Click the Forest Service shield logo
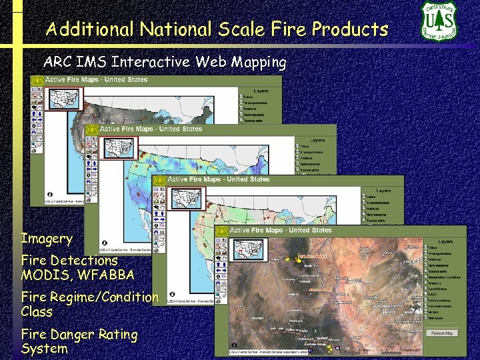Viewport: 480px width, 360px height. tap(439, 21)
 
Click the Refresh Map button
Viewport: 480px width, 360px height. tap(443, 333)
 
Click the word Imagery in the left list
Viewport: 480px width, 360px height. tap(47, 239)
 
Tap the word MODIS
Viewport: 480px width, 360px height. tap(44, 274)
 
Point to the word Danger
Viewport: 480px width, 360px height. tap(77, 334)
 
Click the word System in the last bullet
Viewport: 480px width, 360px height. tap(45, 348)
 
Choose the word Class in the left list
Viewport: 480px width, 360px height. tap(37, 311)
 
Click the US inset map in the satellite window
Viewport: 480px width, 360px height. tap(249, 249)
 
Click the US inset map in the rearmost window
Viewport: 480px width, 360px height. tap(64, 97)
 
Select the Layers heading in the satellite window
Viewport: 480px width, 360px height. tap(445, 242)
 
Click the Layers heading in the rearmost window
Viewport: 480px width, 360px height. tap(261, 90)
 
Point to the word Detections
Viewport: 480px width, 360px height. tap(87, 260)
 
